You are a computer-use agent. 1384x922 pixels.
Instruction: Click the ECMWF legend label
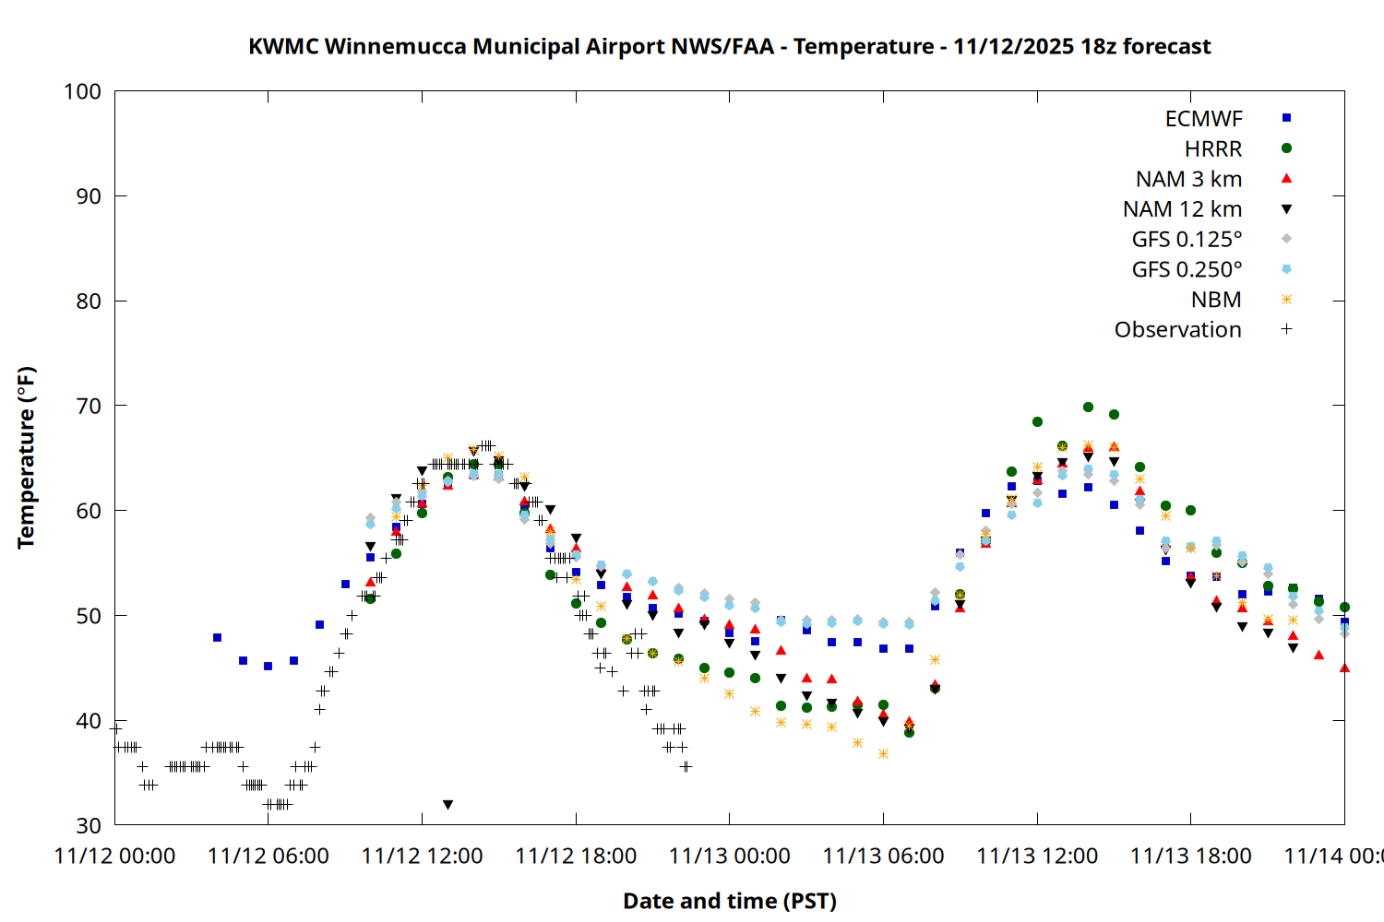(1203, 119)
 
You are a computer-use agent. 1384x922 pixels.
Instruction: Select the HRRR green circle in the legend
(1286, 148)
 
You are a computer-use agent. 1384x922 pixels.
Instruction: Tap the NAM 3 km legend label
(1188, 179)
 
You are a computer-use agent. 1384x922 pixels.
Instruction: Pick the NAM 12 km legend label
(1182, 209)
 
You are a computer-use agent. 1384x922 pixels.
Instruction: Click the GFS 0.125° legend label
(1187, 240)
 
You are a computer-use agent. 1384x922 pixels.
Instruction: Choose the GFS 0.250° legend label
(1187, 269)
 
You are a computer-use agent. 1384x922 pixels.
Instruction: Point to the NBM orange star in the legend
(1286, 300)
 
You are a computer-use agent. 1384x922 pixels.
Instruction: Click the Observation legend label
(1177, 330)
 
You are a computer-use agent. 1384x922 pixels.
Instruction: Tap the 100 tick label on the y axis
(82, 91)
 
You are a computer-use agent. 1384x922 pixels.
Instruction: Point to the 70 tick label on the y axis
(89, 406)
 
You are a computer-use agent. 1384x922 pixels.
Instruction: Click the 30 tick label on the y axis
(89, 825)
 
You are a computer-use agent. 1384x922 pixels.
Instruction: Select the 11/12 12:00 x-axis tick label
(422, 857)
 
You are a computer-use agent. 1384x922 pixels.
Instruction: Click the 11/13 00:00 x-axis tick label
(729, 857)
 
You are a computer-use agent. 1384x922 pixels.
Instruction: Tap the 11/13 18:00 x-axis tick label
(1190, 857)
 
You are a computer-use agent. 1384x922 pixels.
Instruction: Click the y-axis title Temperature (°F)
(26, 457)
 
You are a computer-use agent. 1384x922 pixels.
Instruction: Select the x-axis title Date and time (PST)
(729, 901)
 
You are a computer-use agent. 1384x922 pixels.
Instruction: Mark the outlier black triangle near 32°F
(447, 805)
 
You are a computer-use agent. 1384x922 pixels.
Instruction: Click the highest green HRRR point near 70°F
(1088, 407)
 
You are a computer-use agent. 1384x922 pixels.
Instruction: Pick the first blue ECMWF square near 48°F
(217, 637)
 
